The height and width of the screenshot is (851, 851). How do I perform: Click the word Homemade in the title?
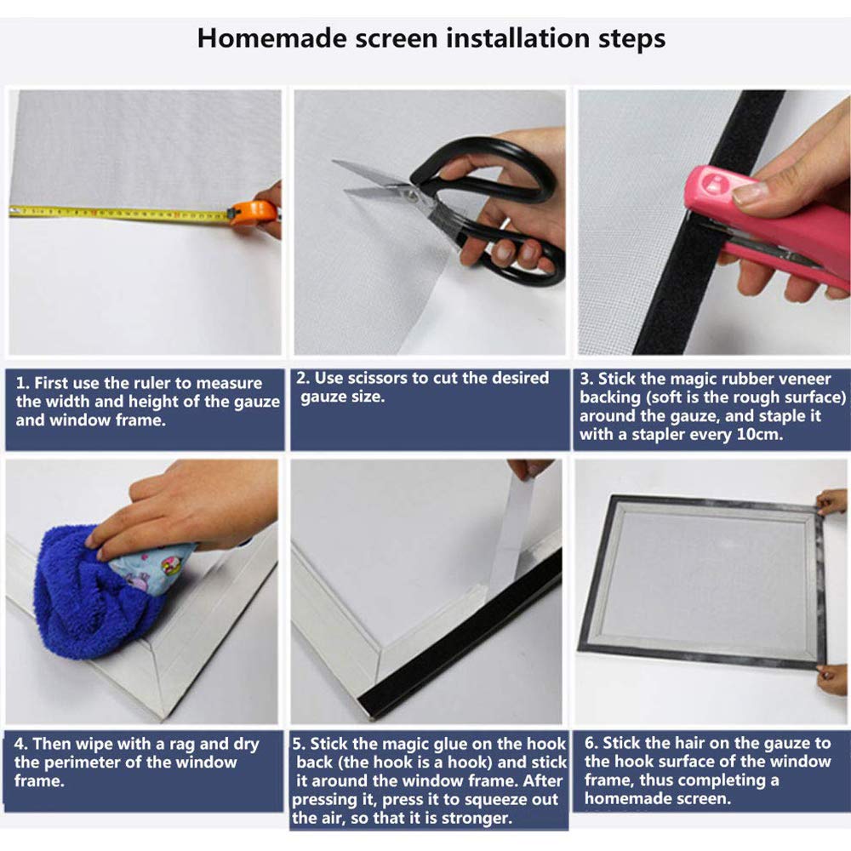(x=271, y=38)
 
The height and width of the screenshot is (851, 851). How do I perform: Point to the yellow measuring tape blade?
(x=119, y=214)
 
